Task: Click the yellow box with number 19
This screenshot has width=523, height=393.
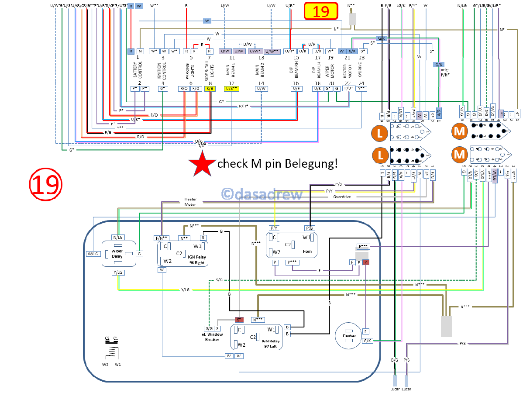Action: point(321,11)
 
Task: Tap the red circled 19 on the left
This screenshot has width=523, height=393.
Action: point(46,184)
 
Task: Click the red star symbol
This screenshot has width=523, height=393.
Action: point(202,165)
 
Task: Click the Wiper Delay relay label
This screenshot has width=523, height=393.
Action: point(117,254)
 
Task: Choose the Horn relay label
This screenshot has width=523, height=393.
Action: point(307,252)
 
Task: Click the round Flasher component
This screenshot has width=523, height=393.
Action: point(349,337)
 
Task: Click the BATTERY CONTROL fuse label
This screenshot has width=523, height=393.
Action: point(138,70)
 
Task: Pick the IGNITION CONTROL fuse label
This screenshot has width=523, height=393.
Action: point(162,70)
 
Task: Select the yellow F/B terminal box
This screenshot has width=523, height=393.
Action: point(210,89)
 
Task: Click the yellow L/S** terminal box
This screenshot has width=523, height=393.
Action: point(231,89)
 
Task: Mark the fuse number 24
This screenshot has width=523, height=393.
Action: point(361,83)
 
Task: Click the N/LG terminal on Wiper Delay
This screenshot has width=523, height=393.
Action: point(118,238)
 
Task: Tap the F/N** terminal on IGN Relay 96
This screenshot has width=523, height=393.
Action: point(162,238)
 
